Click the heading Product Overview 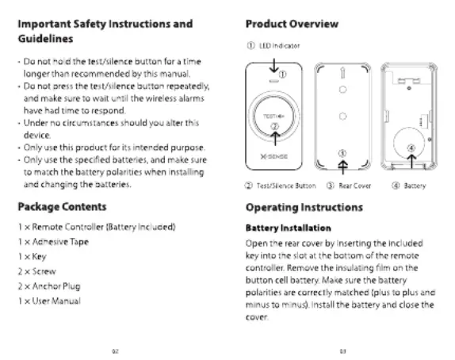pos(292,24)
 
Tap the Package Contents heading pos(62,207)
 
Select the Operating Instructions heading pos(304,208)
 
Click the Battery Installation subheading pos(289,228)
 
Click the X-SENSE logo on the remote pos(274,156)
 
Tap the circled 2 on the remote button pos(274,126)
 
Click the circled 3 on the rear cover pos(342,153)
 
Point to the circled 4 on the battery pos(411,147)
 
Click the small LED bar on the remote pos(274,81)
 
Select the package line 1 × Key pos(32,257)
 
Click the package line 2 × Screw pos(36,271)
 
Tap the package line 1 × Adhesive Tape pos(53,242)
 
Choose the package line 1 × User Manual pos(49,301)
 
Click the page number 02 pos(115,351)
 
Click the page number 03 pos(342,351)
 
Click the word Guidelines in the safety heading pos(45,39)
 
